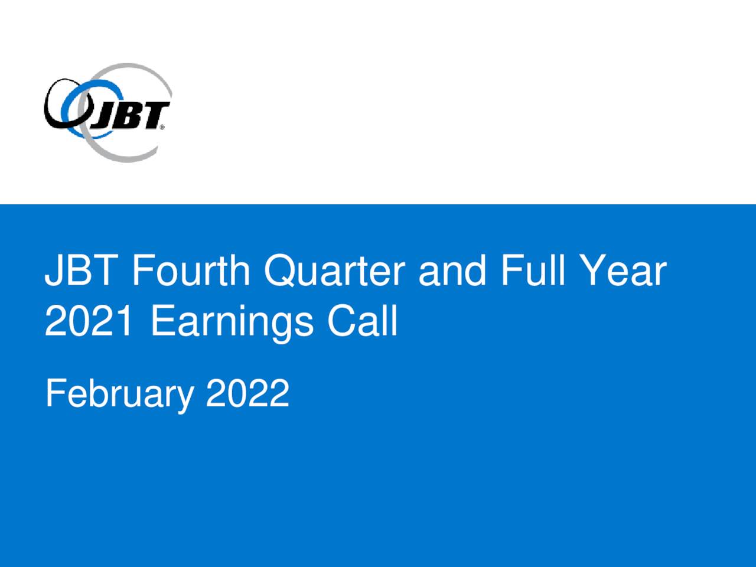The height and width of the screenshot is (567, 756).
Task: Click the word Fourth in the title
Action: [x=191, y=270]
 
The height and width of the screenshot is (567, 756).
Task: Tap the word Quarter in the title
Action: [x=334, y=271]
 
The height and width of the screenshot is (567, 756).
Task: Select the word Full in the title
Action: [x=533, y=270]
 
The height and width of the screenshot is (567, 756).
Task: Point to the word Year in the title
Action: [x=625, y=271]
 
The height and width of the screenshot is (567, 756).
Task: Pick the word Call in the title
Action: [x=363, y=320]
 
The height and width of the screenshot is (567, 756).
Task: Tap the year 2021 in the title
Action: [x=88, y=320]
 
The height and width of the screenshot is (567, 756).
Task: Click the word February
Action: [x=119, y=395]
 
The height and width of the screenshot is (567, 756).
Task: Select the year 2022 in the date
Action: [x=247, y=393]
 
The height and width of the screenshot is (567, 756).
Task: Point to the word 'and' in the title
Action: [x=452, y=270]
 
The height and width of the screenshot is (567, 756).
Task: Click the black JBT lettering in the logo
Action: [x=130, y=116]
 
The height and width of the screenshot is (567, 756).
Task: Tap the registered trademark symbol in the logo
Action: [x=162, y=127]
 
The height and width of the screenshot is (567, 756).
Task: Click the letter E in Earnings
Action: [x=163, y=320]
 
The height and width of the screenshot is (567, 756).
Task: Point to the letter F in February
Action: [x=56, y=393]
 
